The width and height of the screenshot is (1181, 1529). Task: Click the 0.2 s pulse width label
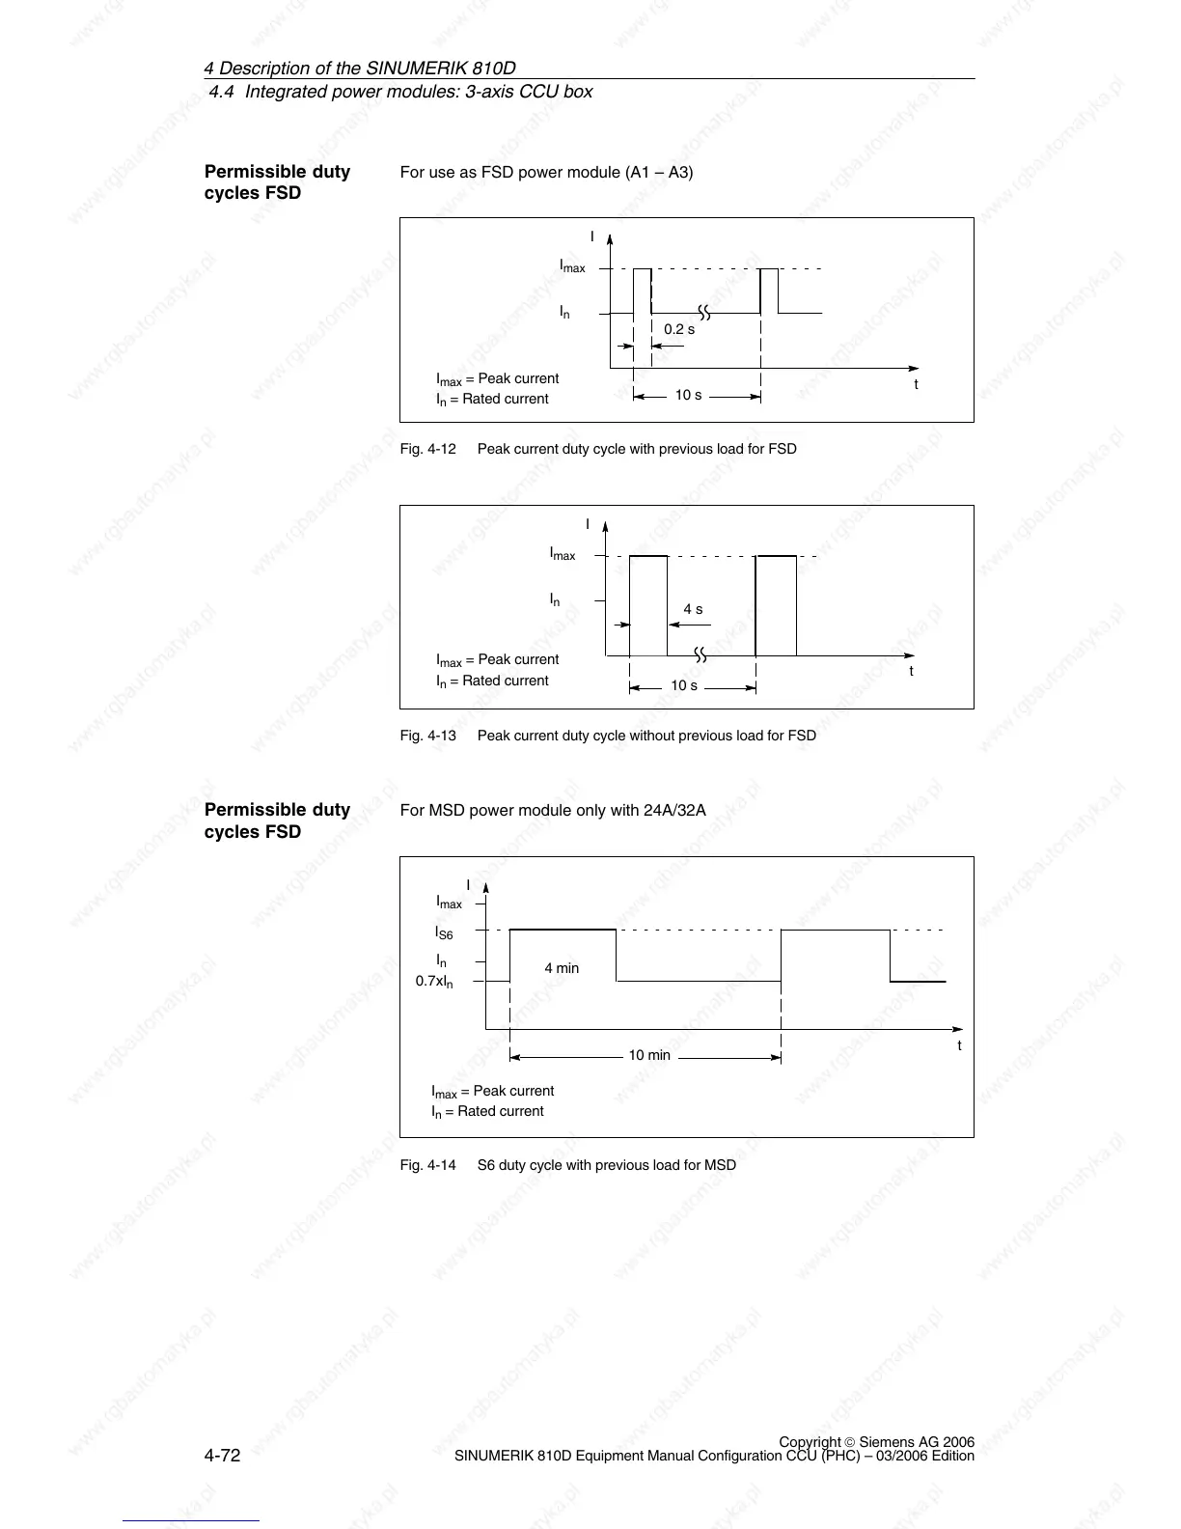(679, 329)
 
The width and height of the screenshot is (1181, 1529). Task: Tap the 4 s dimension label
(693, 609)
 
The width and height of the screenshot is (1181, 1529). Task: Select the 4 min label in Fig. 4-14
(562, 968)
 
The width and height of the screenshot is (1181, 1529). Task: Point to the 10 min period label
(649, 1055)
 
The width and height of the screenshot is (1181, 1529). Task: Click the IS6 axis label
(444, 933)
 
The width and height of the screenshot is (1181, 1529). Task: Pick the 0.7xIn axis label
(434, 982)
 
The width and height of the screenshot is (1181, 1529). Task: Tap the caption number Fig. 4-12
(428, 449)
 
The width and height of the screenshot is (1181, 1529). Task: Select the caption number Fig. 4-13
(428, 736)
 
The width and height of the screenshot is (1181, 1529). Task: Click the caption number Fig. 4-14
(428, 1165)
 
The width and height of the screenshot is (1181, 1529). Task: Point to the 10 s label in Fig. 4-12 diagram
(688, 395)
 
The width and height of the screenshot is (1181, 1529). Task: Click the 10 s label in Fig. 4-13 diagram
(684, 685)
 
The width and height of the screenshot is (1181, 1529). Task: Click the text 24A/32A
(674, 810)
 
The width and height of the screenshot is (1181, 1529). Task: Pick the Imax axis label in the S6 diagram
(450, 903)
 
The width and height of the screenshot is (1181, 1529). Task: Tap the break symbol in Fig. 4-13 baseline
(700, 655)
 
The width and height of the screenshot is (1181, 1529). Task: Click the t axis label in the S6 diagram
(959, 1045)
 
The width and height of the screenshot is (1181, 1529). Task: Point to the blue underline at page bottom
(191, 1520)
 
